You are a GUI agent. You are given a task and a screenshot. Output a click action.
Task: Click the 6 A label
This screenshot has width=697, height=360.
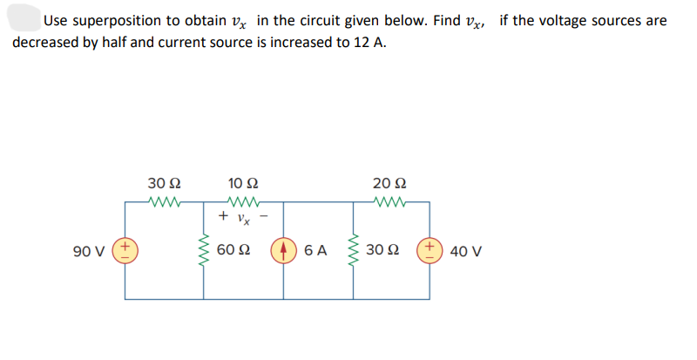click(x=316, y=251)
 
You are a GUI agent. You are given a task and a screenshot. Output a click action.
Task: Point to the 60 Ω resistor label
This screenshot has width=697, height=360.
click(x=230, y=251)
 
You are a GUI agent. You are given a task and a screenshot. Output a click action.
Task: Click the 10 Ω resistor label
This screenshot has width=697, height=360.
click(x=241, y=184)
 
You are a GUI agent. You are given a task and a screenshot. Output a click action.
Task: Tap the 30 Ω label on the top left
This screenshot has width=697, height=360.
click(x=164, y=184)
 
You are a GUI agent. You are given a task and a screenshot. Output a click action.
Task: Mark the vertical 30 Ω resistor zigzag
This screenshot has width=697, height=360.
click(x=354, y=251)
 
